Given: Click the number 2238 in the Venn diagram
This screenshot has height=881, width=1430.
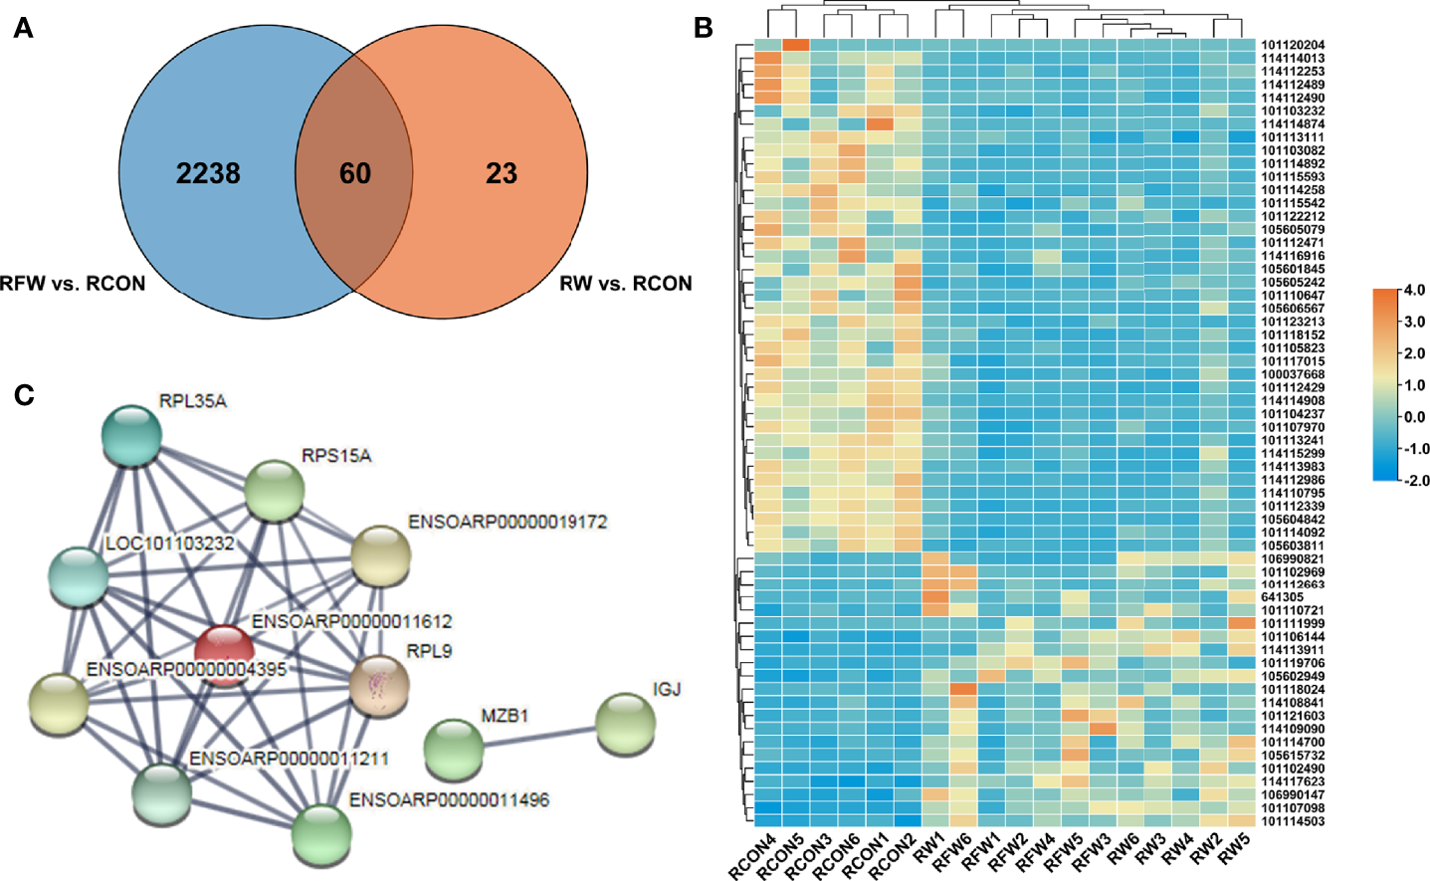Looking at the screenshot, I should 208,173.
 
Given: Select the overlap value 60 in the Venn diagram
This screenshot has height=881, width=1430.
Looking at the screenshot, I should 354,173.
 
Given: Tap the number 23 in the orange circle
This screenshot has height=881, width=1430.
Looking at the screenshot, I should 502,174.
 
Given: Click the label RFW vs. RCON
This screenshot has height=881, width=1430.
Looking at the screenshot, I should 73,284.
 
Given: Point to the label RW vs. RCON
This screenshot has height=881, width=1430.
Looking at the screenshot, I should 625,284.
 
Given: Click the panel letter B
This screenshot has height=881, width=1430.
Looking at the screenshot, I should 704,28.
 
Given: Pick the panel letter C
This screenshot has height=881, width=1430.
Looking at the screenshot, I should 24,395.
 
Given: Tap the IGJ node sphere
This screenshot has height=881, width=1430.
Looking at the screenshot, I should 626,724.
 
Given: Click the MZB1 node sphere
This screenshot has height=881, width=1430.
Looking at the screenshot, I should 454,749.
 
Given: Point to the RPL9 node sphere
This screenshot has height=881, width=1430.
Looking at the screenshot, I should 380,686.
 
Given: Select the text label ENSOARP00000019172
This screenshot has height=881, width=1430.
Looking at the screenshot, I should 508,522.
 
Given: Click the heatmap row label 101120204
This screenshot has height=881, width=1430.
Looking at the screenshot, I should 1293,46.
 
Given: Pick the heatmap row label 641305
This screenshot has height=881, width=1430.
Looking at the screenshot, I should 1282,597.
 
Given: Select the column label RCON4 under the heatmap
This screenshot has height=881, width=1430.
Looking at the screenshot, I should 753,857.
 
